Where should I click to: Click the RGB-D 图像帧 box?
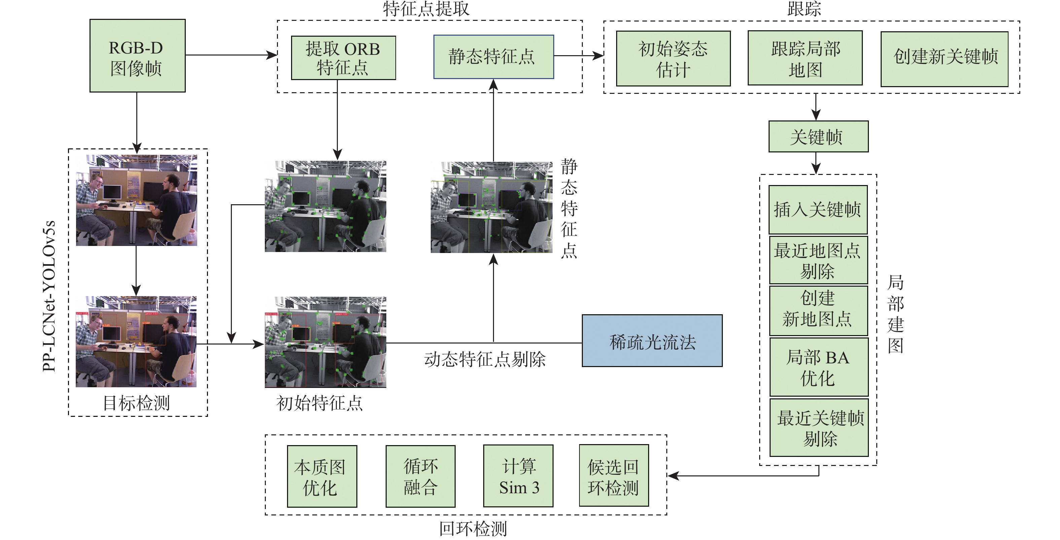click(x=137, y=56)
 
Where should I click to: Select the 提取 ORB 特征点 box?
click(x=343, y=58)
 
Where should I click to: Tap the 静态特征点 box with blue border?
click(x=493, y=57)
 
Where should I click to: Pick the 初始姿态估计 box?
click(x=673, y=59)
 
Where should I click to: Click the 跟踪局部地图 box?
click(x=805, y=58)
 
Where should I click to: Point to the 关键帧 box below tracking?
click(x=818, y=137)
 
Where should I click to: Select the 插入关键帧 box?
click(x=818, y=210)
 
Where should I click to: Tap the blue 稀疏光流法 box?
click(x=652, y=340)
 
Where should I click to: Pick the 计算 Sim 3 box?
click(x=518, y=476)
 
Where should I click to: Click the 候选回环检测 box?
click(x=613, y=475)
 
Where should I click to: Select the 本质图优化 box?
click(x=322, y=476)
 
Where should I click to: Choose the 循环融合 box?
click(x=420, y=476)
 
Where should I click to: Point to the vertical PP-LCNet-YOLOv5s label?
click(x=49, y=296)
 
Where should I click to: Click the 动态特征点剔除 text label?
click(x=485, y=359)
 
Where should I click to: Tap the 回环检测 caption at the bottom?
click(x=473, y=529)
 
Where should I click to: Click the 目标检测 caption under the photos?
click(x=136, y=403)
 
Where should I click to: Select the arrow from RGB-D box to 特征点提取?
click(x=232, y=55)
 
